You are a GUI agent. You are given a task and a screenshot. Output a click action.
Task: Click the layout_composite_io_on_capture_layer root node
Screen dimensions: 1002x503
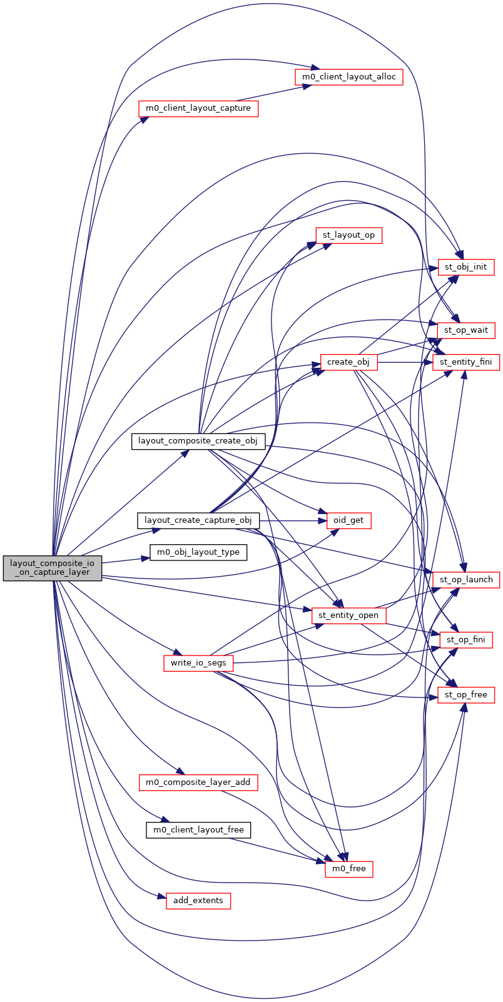pyautogui.click(x=53, y=568)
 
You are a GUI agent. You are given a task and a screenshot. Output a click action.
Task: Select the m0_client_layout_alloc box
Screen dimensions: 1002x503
pyautogui.click(x=348, y=76)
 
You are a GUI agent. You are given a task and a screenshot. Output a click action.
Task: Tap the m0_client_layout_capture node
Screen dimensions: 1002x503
pyautogui.click(x=198, y=108)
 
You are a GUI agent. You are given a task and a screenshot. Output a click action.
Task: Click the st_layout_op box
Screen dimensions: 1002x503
pyautogui.click(x=348, y=235)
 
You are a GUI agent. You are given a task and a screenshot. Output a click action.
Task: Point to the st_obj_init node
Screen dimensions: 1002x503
pyautogui.click(x=466, y=267)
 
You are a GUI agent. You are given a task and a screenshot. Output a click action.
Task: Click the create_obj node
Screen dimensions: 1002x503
pyautogui.click(x=348, y=362)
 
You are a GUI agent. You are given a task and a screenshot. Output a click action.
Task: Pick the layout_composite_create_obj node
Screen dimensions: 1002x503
pyautogui.click(x=198, y=440)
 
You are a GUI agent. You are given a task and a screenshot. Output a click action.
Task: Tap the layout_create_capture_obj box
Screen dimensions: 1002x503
pyautogui.click(x=198, y=520)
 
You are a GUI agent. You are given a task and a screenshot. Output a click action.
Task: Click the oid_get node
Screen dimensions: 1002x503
pyautogui.click(x=348, y=520)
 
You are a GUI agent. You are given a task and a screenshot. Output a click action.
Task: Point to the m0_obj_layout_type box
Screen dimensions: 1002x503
pyautogui.click(x=198, y=552)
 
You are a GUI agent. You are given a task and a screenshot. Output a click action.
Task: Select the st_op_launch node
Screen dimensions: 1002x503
pyautogui.click(x=466, y=579)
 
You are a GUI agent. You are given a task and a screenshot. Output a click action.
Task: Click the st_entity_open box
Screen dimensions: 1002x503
pyautogui.click(x=348, y=615)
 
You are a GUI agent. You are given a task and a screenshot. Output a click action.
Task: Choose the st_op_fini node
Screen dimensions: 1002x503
pyautogui.click(x=466, y=640)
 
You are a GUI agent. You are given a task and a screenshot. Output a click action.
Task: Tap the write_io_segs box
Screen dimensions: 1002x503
pyautogui.click(x=198, y=662)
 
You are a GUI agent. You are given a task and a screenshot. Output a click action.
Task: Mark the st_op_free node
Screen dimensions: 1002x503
pyautogui.click(x=466, y=695)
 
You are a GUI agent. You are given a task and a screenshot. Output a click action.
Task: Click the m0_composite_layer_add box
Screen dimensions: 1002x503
pyautogui.click(x=198, y=782)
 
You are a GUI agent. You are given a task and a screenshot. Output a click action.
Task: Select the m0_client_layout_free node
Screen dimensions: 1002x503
pyautogui.click(x=198, y=830)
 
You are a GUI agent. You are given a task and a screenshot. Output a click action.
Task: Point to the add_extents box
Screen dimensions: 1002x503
pyautogui.click(x=198, y=901)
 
